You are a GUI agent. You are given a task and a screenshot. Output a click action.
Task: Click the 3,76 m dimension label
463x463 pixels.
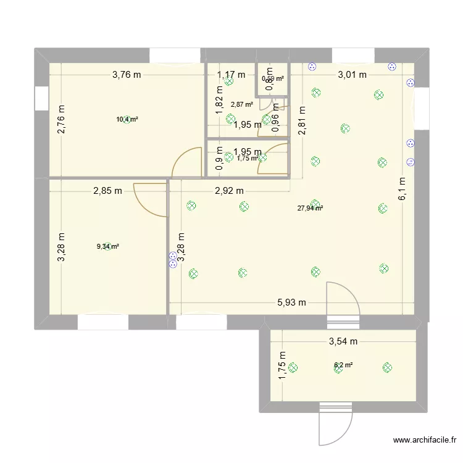[127, 76]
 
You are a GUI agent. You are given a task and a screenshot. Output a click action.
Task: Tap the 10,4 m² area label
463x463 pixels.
[127, 119]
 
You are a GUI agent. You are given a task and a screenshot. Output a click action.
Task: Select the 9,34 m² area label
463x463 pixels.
[108, 246]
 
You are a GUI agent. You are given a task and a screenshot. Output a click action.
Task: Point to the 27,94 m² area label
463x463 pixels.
[311, 208]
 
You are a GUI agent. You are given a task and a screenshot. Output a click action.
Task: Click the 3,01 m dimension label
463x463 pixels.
[352, 75]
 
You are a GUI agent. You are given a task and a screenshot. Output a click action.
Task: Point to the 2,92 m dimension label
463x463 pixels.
[229, 191]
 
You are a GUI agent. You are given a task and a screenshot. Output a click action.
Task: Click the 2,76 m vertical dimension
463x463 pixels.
[62, 120]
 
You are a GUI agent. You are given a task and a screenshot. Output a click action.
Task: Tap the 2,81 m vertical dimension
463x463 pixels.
[302, 121]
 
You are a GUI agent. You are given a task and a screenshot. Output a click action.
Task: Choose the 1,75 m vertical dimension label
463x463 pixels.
[282, 365]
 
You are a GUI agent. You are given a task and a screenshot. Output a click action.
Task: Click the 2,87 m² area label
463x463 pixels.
[242, 105]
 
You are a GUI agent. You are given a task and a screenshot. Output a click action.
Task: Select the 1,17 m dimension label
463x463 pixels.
[231, 75]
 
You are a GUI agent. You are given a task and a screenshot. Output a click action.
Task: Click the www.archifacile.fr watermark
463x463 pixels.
[425, 440]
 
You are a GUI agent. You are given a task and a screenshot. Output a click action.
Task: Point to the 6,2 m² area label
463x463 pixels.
[343, 365]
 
